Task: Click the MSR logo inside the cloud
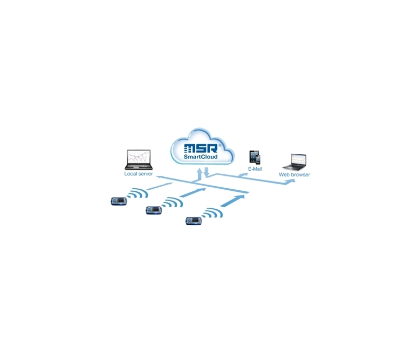201,148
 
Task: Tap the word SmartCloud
200,157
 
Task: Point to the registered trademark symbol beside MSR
220,145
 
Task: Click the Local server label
138,174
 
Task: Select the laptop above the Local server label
139,159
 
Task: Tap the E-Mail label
255,169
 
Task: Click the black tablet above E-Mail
254,157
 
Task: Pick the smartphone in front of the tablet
258,159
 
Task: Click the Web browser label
294,174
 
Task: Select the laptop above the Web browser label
294,162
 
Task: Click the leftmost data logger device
119,201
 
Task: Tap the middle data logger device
154,210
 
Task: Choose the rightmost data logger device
194,221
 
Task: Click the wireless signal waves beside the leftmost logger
138,193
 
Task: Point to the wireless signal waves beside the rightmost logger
212,212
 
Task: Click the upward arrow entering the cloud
200,174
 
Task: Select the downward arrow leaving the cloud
207,172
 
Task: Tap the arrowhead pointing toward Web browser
290,182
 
